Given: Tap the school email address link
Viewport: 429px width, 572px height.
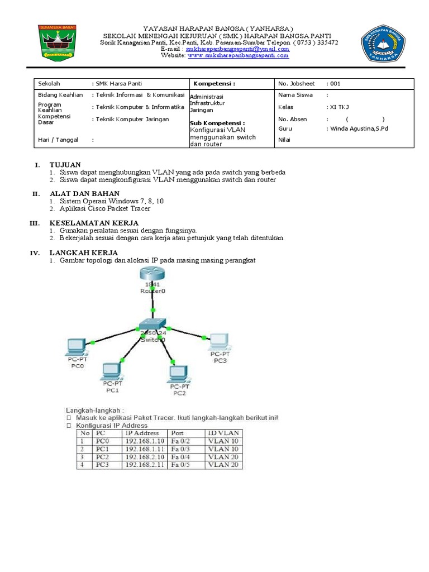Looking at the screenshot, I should [x=237, y=49].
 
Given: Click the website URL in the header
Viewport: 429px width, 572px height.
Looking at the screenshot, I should [x=239, y=55].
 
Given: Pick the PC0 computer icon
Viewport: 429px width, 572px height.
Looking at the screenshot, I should [x=77, y=347].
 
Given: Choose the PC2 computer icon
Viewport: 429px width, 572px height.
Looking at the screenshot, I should [x=179, y=373].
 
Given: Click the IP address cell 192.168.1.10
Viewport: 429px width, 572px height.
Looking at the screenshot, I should [x=142, y=441].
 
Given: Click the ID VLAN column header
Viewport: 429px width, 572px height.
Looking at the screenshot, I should [x=223, y=433].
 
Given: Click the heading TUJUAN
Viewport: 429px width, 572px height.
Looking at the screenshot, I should [x=65, y=165].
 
